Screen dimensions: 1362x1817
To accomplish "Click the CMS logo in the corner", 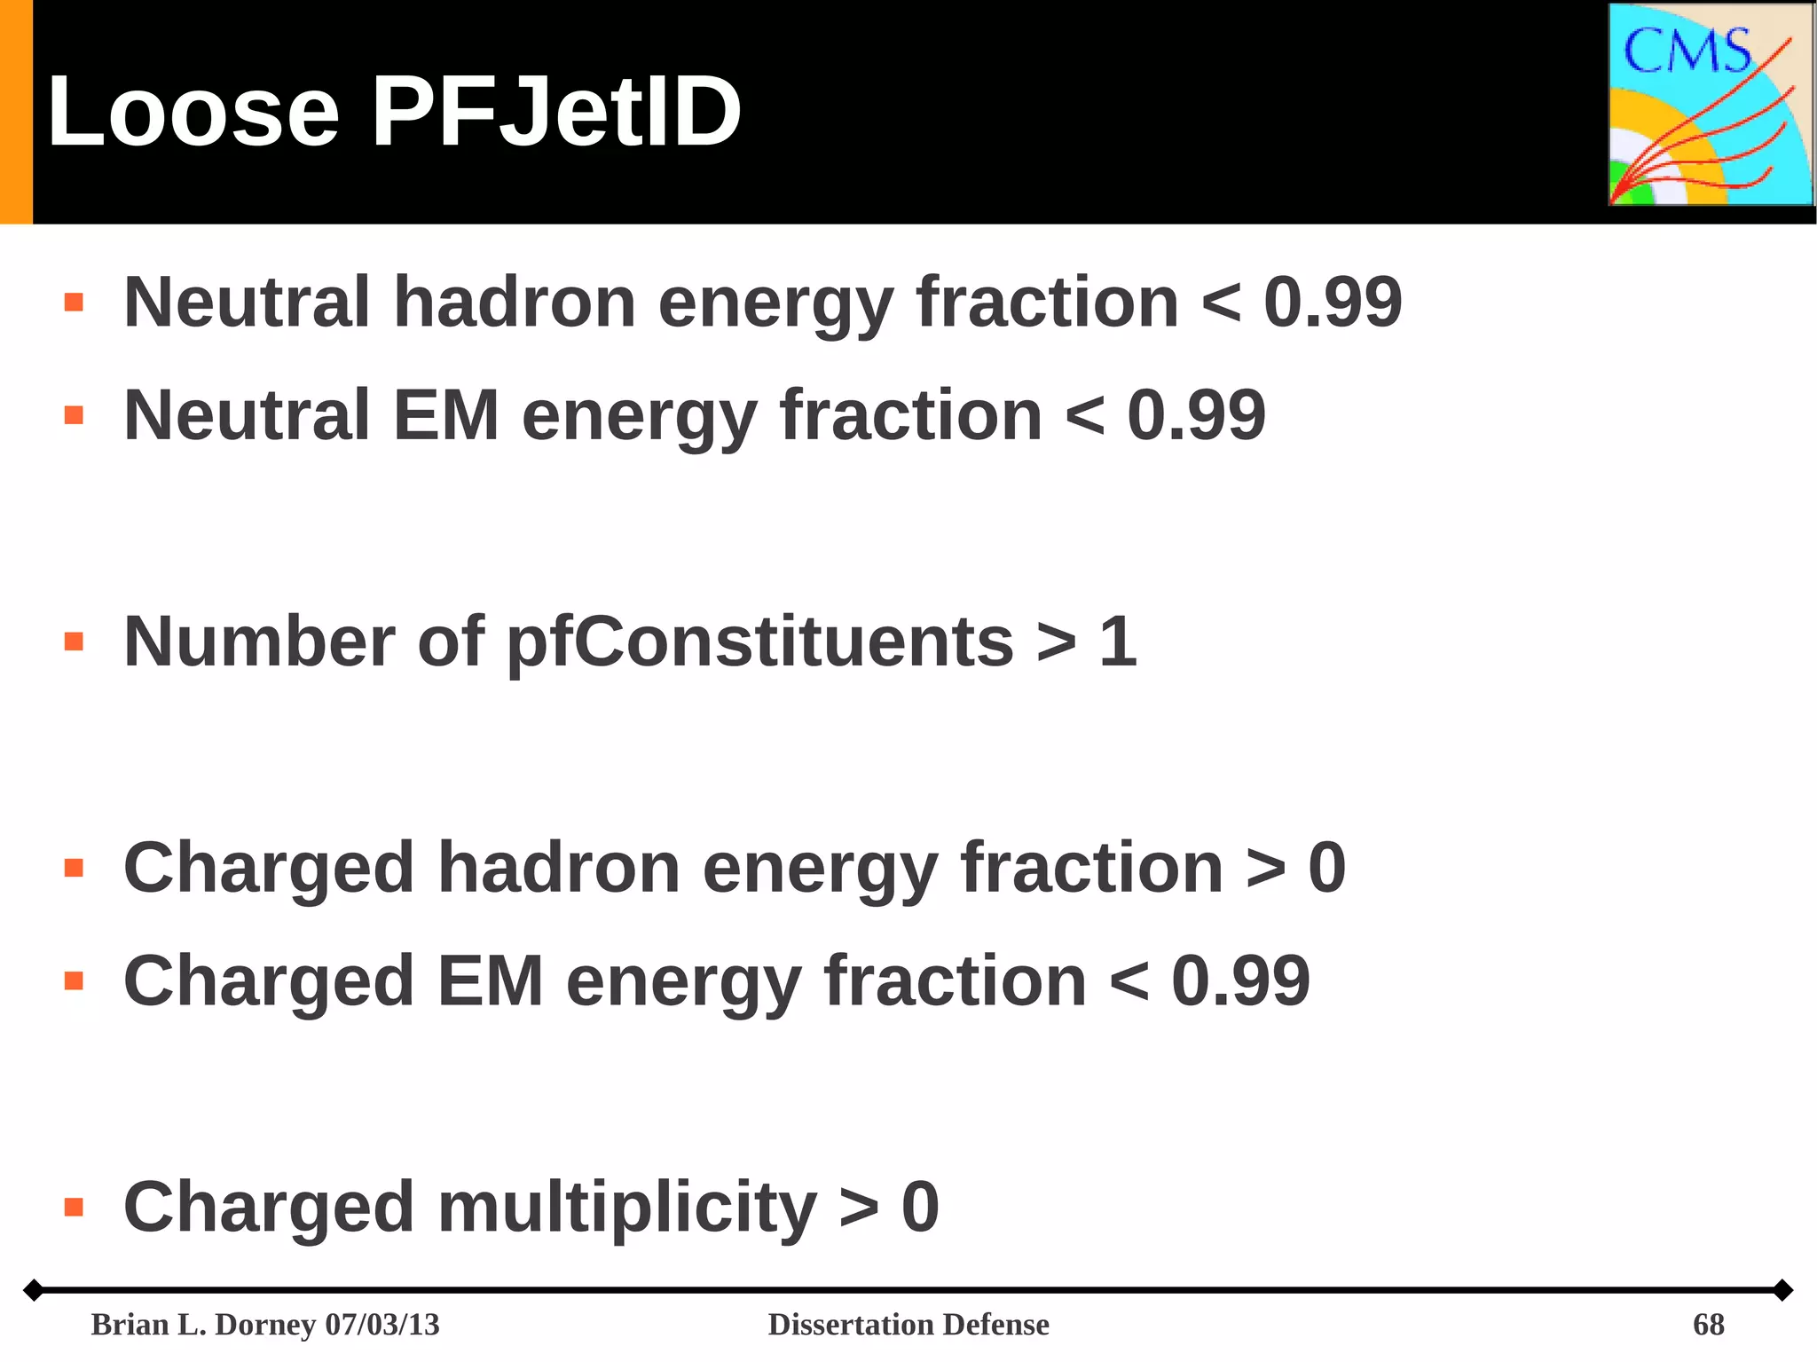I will pyautogui.click(x=1711, y=105).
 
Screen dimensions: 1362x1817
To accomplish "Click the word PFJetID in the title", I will pyautogui.click(x=556, y=113).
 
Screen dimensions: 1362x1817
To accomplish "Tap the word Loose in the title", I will pyautogui.click(x=193, y=113).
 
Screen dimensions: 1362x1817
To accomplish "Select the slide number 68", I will pyautogui.click(x=1708, y=1324).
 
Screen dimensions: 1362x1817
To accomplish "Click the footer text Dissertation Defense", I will pyautogui.click(x=908, y=1324).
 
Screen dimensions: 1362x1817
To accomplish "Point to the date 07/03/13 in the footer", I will pyautogui.click(x=382, y=1324).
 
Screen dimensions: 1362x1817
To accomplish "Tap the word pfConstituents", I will pyautogui.click(x=759, y=642).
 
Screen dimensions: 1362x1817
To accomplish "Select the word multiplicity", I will pyautogui.click(x=626, y=1208).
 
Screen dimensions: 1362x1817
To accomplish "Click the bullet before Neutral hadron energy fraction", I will pyautogui.click(x=74, y=303).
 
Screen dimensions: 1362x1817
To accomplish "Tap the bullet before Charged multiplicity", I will pyautogui.click(x=74, y=1207).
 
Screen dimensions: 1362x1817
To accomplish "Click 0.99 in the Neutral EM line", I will pyautogui.click(x=1196, y=415).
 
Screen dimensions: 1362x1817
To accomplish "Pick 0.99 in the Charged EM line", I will pyautogui.click(x=1240, y=981).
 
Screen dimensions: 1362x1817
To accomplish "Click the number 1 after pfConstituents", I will pyautogui.click(x=1117, y=642).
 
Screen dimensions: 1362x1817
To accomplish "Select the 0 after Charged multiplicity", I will pyautogui.click(x=920, y=1208).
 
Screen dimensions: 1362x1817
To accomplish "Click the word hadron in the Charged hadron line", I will pyautogui.click(x=559, y=868).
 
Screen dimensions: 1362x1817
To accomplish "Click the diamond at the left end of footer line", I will pyautogui.click(x=33, y=1289).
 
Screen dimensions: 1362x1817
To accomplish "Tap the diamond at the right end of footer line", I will pyautogui.click(x=1782, y=1289).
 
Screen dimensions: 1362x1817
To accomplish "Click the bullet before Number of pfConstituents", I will pyautogui.click(x=74, y=642).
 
